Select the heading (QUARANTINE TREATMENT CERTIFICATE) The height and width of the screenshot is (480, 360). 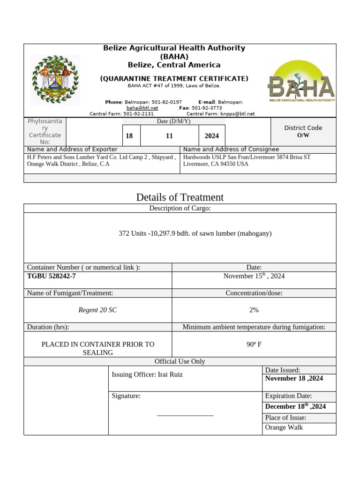click(174, 79)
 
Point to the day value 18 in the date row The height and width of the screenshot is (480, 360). click(129, 136)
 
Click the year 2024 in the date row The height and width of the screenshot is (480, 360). click(211, 136)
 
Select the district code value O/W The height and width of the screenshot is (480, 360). click(303, 135)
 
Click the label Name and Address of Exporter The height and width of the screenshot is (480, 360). click(72, 149)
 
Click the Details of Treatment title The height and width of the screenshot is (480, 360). click(180, 197)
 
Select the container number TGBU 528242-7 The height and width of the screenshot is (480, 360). click(52, 276)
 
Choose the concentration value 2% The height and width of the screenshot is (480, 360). click(254, 310)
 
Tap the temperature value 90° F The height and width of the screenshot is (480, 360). click(254, 344)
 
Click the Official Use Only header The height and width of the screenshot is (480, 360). click(180, 361)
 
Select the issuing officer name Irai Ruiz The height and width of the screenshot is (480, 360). click(167, 375)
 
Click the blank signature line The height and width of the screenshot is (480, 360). click(185, 415)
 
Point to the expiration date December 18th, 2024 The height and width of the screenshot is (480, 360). click(295, 406)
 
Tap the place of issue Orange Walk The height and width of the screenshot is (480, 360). click(284, 427)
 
